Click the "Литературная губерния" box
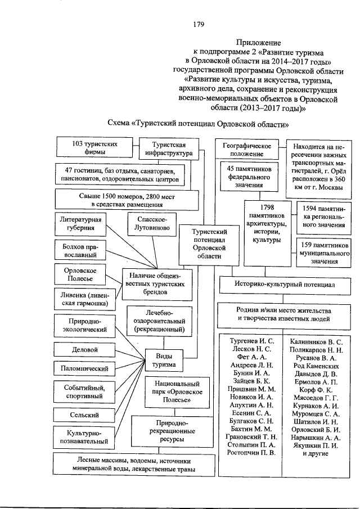(x=80, y=223)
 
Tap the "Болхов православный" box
(x=80, y=250)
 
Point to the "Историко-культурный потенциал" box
(x=284, y=285)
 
